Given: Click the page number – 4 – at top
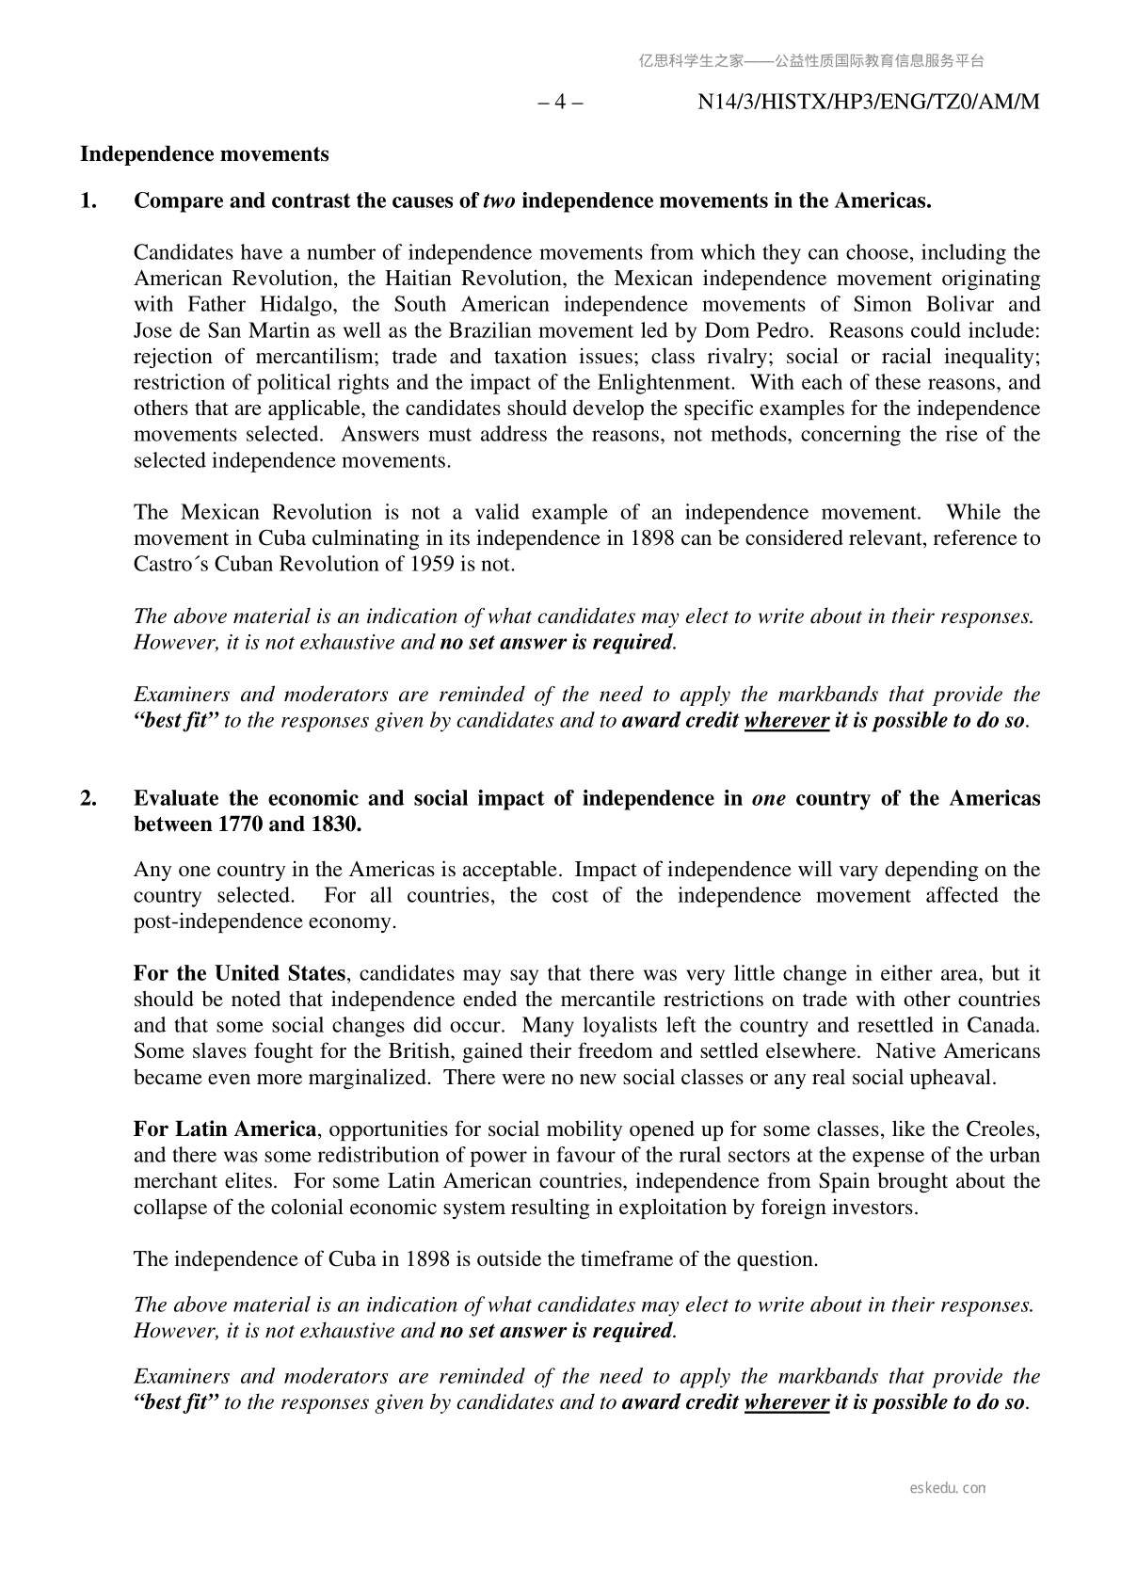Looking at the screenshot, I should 559,102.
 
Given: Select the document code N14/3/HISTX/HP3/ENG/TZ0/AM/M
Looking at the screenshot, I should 869,102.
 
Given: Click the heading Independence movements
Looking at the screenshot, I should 204,154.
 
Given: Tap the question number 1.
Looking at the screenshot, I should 88,200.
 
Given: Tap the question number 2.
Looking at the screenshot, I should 88,798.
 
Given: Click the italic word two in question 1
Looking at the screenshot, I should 499,200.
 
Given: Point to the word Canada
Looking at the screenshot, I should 1006,1025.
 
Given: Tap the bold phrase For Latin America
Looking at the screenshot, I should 225,1129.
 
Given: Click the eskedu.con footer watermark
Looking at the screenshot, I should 948,1488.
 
